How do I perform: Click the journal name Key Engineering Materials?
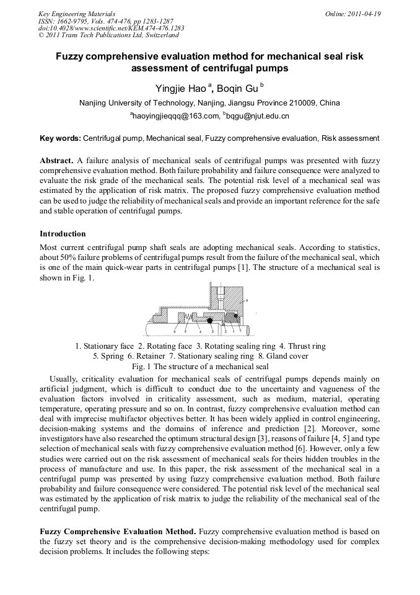click(76, 13)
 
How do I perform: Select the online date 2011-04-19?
click(367, 13)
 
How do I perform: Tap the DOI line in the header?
click(111, 28)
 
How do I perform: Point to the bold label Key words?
click(60, 138)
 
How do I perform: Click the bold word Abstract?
click(58, 159)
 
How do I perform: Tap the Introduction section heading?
click(63, 234)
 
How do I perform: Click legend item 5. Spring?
click(108, 356)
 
